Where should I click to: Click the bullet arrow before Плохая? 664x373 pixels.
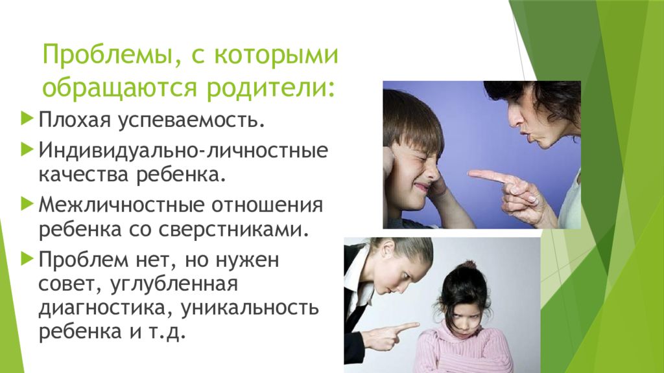tap(26, 119)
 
